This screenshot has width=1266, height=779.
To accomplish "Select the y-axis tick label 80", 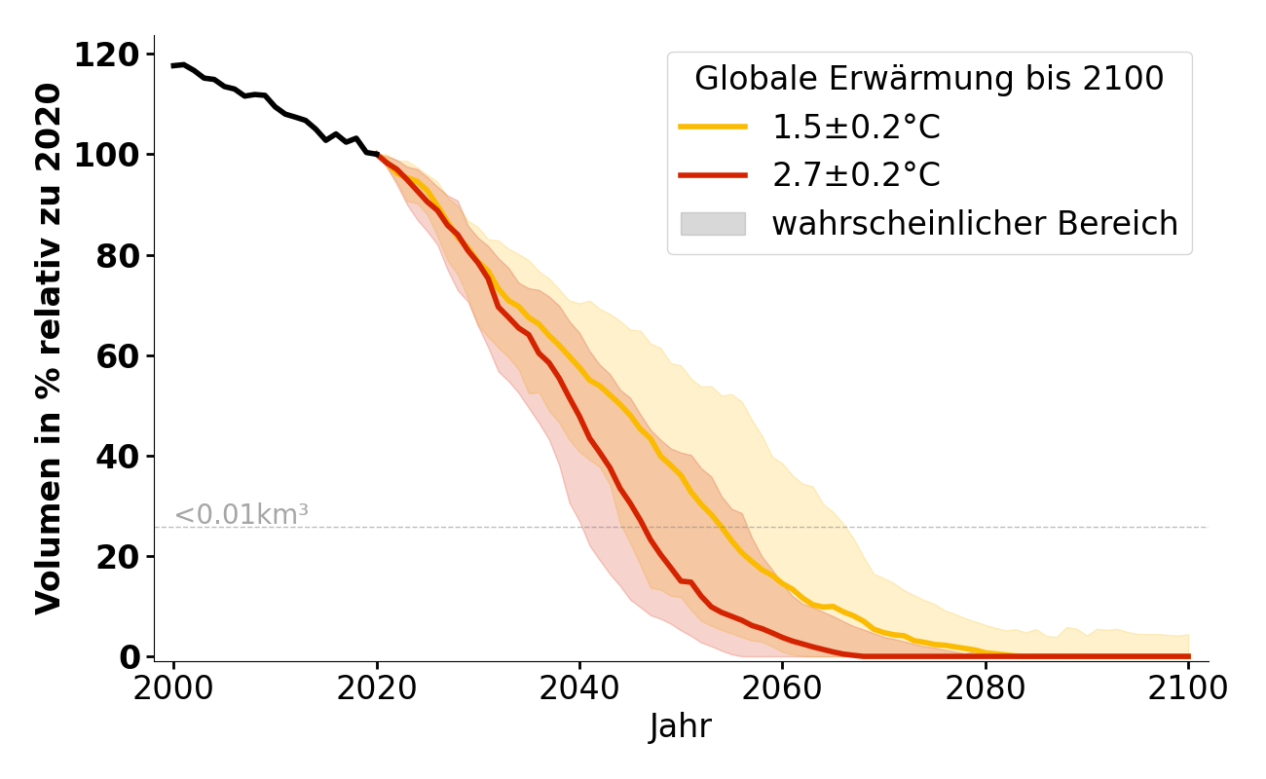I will (119, 255).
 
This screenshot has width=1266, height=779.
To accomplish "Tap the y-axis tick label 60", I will (119, 355).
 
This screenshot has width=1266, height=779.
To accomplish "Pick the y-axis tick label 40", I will (119, 456).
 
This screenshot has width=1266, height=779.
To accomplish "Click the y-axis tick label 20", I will (119, 556).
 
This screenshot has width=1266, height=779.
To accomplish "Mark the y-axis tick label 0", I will (130, 656).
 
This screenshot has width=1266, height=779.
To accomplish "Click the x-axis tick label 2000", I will (174, 688).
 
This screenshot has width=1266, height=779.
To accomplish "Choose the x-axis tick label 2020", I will (377, 688).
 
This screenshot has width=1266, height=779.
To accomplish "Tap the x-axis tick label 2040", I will (579, 688).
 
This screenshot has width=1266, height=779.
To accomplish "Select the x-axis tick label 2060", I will (782, 688).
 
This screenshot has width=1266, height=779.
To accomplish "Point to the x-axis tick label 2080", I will (986, 688).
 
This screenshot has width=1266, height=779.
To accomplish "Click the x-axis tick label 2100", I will (1188, 688).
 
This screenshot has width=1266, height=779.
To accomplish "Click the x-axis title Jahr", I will (681, 726).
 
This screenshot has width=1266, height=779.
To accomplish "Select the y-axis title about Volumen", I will (49, 348).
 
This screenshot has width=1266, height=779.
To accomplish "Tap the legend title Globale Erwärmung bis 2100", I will (929, 79).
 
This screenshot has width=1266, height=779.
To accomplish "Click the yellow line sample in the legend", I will (713, 127).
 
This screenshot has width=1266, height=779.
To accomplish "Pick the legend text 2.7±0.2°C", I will (856, 175).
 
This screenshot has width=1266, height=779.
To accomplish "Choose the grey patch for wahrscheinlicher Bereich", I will (713, 224).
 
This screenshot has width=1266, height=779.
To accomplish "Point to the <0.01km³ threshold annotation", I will (242, 515).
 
